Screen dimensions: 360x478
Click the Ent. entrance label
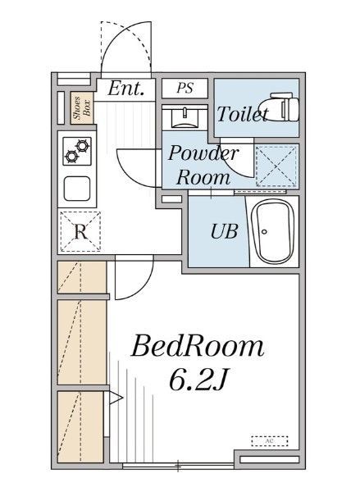tap(125, 88)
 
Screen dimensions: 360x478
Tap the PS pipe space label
tap(185, 88)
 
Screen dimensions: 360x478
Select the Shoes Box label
tap(82, 108)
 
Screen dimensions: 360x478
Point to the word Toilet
tap(243, 114)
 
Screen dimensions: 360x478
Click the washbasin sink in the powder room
tap(185, 118)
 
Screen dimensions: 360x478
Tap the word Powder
tap(202, 153)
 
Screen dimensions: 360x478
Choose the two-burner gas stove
tap(77, 151)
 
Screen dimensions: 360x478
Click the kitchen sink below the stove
tap(77, 189)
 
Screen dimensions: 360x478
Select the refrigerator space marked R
tap(81, 232)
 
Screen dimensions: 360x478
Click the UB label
tap(224, 231)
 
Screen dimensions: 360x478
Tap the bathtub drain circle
tap(264, 232)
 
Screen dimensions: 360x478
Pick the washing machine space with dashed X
tap(276, 166)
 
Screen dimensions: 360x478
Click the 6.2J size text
tap(198, 380)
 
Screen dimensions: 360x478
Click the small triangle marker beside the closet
tap(116, 398)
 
